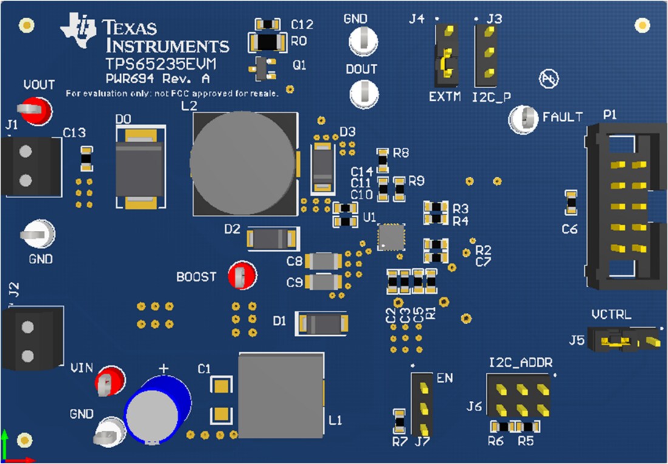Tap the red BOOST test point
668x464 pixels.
(242, 276)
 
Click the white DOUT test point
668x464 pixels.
(364, 94)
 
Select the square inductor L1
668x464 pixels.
(280, 395)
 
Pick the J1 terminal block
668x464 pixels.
(30, 166)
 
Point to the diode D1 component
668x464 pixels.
(321, 323)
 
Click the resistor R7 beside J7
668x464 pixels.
(399, 420)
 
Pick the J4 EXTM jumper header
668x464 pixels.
(447, 56)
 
